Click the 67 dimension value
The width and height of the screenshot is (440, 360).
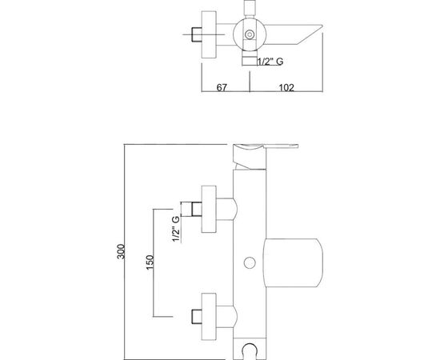point(222,87)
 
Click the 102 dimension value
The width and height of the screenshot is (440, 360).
point(286,87)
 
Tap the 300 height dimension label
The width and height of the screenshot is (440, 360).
point(121,251)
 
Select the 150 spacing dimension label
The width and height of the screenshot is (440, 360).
point(150,262)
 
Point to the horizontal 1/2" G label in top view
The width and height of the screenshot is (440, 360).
point(270,61)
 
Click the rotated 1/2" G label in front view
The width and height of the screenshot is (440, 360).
point(176,229)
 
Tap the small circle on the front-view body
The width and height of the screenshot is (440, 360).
point(250,263)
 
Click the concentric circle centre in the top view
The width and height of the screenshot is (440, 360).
point(250,34)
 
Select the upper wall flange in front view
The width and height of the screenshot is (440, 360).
point(209,209)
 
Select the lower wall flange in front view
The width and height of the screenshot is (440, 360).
point(209,317)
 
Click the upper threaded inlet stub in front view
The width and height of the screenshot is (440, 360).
point(197,210)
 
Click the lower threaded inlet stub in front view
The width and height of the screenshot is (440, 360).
point(197,317)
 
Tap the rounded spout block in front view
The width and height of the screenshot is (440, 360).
point(293,263)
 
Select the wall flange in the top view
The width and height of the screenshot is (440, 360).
point(209,34)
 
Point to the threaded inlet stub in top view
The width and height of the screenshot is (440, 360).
point(197,34)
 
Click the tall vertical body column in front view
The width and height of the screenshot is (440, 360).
point(250,254)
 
